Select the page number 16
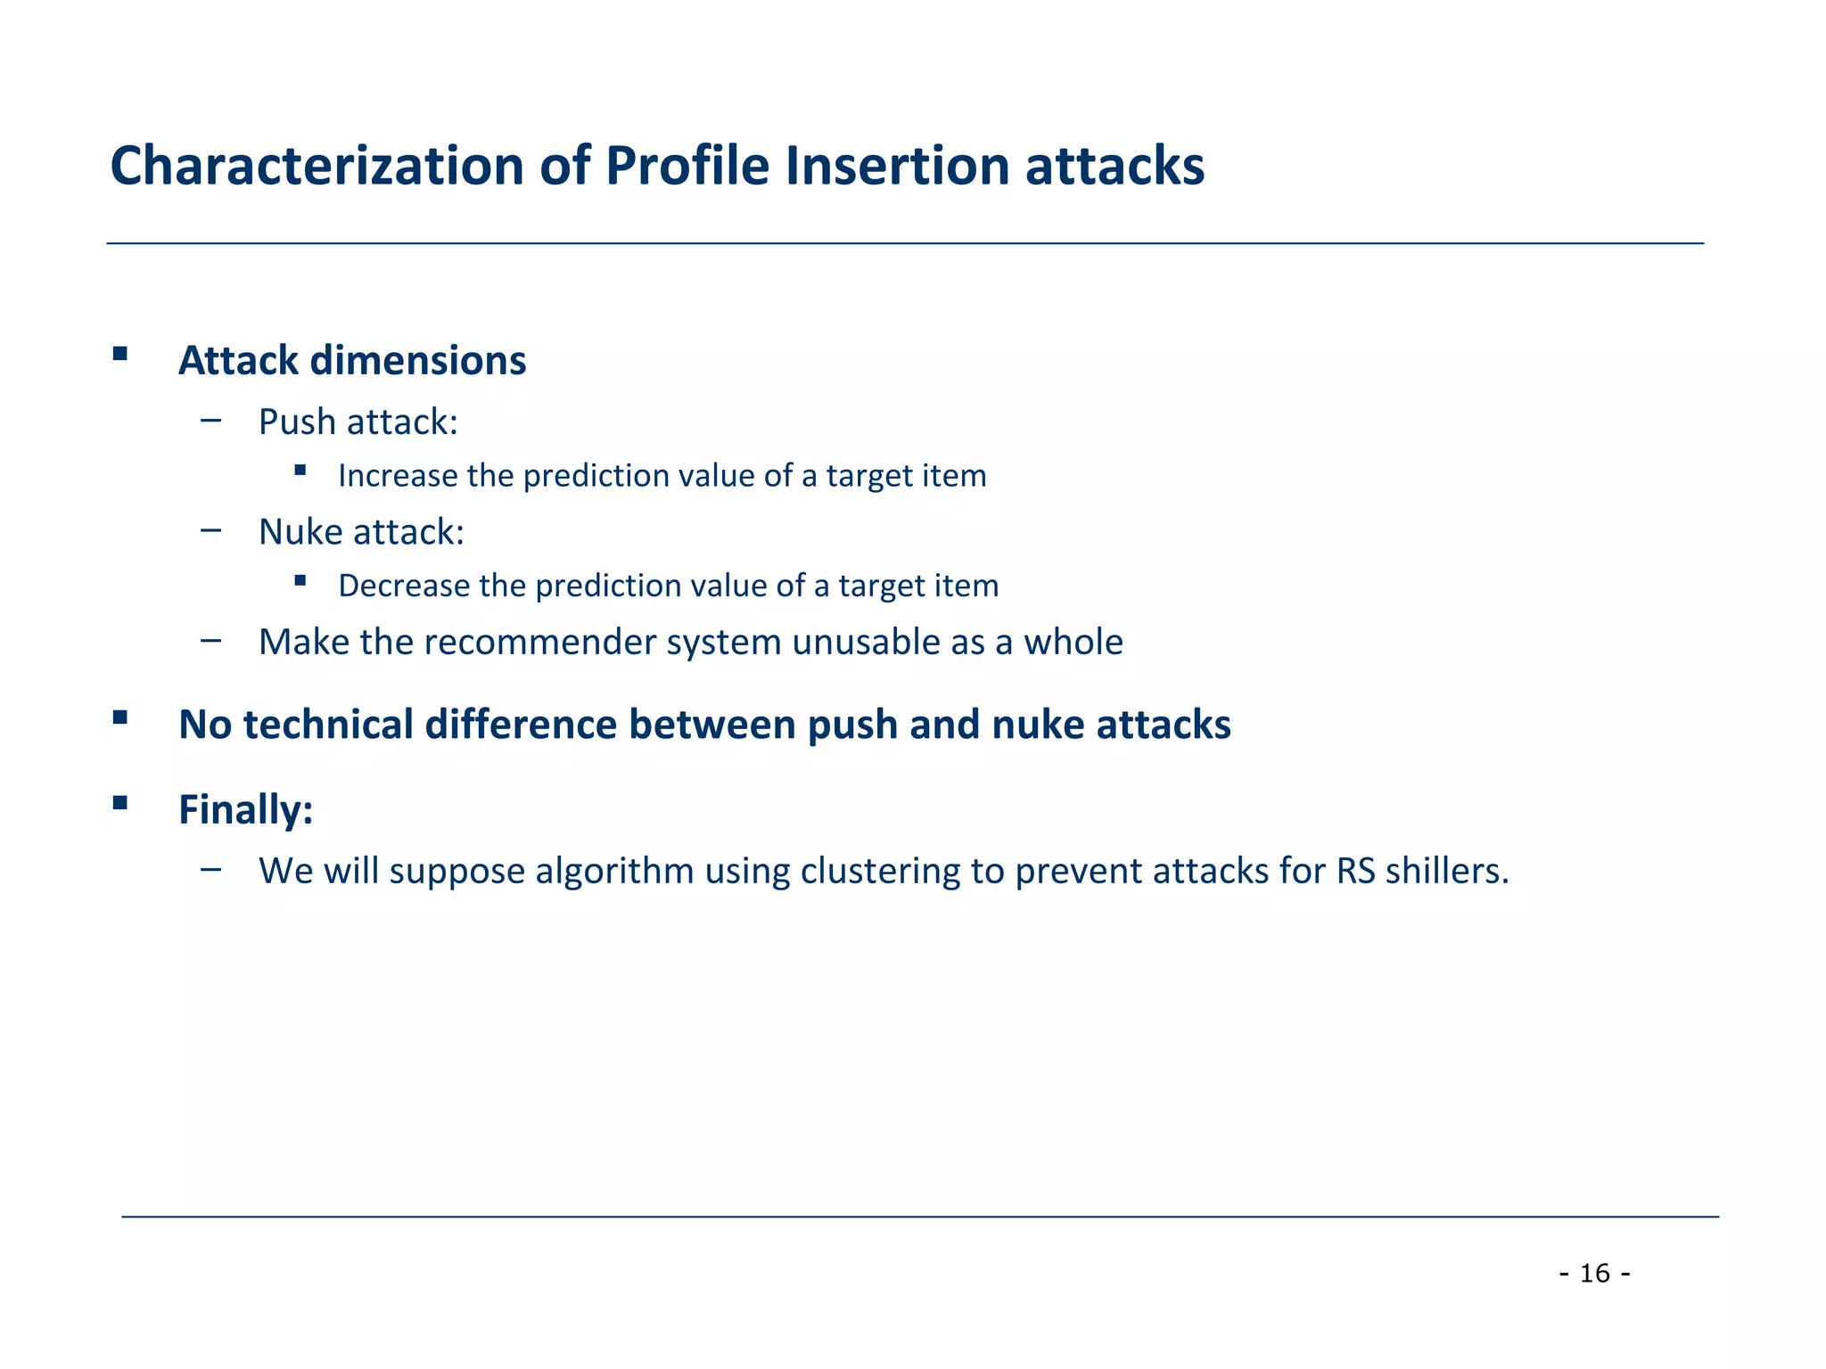[1594, 1274]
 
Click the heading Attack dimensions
[352, 361]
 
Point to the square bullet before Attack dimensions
[120, 354]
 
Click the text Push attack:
[358, 422]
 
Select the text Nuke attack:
[361, 532]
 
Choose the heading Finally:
[245, 810]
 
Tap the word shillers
[1447, 871]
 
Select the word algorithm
[614, 871]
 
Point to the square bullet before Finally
[120, 803]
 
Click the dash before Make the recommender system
[211, 640]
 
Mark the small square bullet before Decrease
[300, 580]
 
